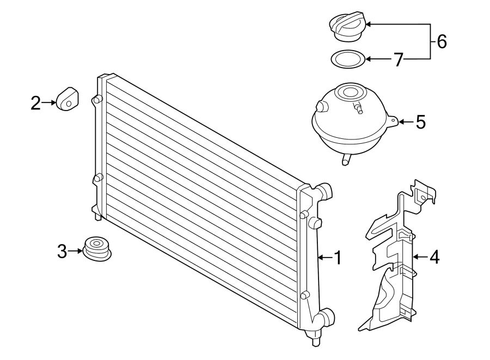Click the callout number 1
click(337, 258)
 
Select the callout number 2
click(36, 102)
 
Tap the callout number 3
click(62, 252)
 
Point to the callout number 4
click(433, 257)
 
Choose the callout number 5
click(420, 122)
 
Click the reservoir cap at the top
click(347, 28)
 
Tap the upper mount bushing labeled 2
click(67, 98)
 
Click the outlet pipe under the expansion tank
click(345, 158)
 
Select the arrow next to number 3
click(77, 252)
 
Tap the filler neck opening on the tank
click(349, 92)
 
